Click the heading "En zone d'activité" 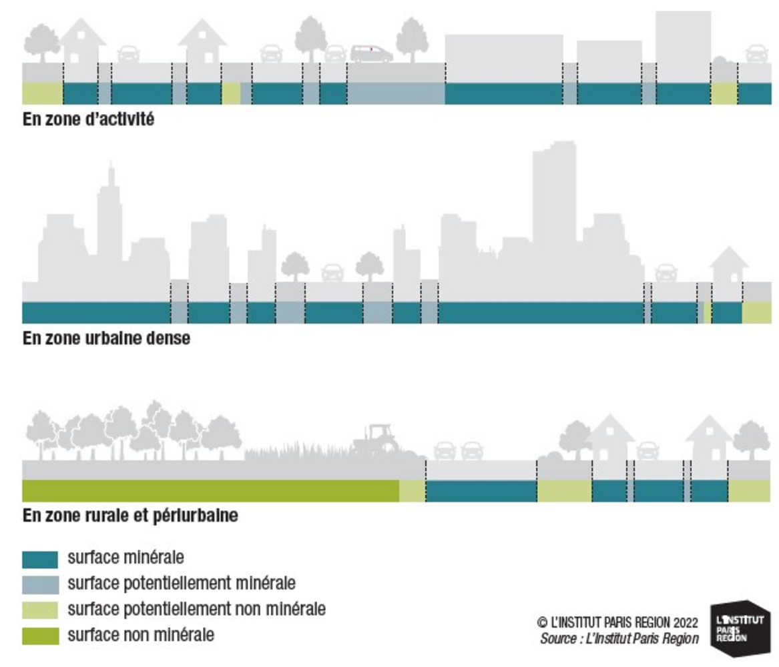coord(88,119)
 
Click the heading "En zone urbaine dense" coord(106,338)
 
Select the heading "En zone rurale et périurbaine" coord(130,515)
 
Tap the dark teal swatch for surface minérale coord(40,559)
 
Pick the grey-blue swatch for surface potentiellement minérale coord(40,584)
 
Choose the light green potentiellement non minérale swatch coord(40,610)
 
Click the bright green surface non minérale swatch coord(40,636)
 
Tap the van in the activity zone coord(372,53)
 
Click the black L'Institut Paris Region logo coord(740,628)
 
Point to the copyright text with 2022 coord(617,622)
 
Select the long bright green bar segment coord(211,491)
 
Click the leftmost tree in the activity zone coord(42,43)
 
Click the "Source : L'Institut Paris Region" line coord(619,638)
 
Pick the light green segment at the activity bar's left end coord(43,93)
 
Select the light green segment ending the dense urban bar coord(757,313)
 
